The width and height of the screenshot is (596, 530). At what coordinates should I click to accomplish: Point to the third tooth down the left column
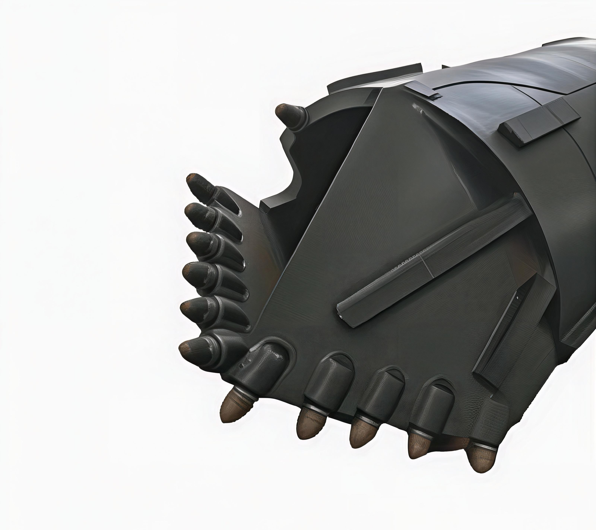click(x=201, y=243)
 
